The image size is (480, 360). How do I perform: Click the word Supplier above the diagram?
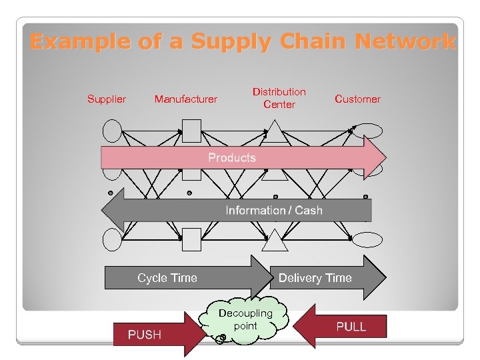(x=107, y=99)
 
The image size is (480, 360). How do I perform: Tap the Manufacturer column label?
(x=185, y=99)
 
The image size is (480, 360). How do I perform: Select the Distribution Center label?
(x=279, y=98)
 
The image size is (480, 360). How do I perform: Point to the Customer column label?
(x=357, y=99)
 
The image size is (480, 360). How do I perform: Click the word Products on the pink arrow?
(x=232, y=158)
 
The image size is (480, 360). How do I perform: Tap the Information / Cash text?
(x=274, y=211)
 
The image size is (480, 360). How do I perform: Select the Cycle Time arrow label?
(x=167, y=278)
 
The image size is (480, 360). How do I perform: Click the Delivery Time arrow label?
(x=315, y=278)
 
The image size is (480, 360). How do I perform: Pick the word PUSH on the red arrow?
(x=145, y=334)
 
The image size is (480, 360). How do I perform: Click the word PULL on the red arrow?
(x=351, y=327)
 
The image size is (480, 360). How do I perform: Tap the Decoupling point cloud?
(x=246, y=320)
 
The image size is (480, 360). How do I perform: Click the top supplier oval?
(x=113, y=131)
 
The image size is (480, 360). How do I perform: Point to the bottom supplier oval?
(x=113, y=238)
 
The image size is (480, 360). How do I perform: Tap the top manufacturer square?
(x=192, y=131)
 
